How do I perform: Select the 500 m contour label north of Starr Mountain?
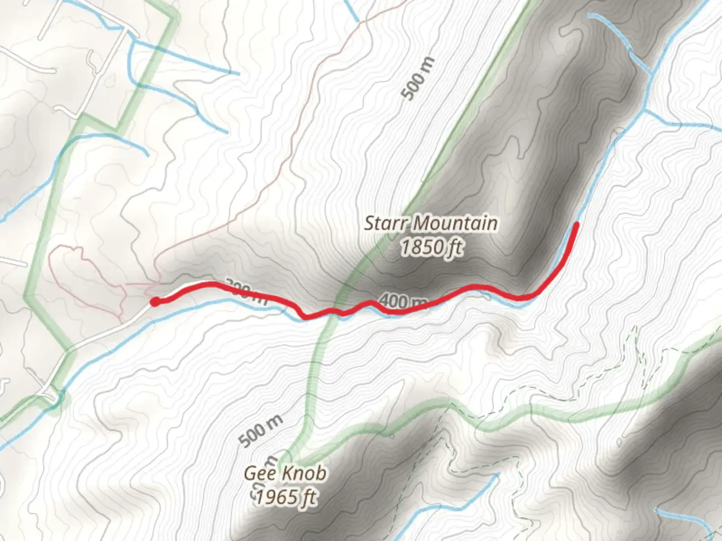(419, 79)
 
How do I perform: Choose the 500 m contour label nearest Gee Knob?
(261, 430)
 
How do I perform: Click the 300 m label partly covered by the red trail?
(246, 291)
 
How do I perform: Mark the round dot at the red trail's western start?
(156, 301)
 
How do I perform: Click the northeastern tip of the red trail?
(577, 224)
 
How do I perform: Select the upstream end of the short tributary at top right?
(591, 15)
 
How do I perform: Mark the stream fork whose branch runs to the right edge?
(643, 109)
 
